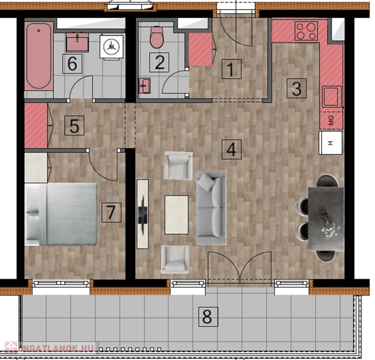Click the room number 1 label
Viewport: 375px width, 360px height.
(231, 69)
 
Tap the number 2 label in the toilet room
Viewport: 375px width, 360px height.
(159, 62)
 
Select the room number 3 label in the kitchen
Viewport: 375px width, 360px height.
(296, 88)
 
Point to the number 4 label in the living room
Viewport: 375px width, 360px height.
(231, 150)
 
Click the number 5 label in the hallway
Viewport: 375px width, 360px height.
(74, 126)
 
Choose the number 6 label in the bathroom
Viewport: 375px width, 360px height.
(72, 63)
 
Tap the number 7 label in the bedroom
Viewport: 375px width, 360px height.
(111, 212)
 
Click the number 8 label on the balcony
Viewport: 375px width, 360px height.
(208, 317)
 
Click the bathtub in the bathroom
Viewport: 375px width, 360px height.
(39, 56)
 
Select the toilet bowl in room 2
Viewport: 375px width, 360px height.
(157, 37)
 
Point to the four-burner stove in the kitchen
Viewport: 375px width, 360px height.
(306, 30)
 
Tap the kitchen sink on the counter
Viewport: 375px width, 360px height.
(332, 96)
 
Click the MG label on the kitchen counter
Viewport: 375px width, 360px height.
(331, 120)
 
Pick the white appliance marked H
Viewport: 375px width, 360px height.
(331, 143)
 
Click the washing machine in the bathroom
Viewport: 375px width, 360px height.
(111, 47)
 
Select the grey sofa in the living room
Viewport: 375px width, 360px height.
(212, 208)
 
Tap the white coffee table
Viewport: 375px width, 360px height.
(176, 215)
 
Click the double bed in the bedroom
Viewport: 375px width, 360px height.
(61, 214)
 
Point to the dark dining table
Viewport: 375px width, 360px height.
(326, 218)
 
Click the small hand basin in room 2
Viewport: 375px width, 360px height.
(145, 85)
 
